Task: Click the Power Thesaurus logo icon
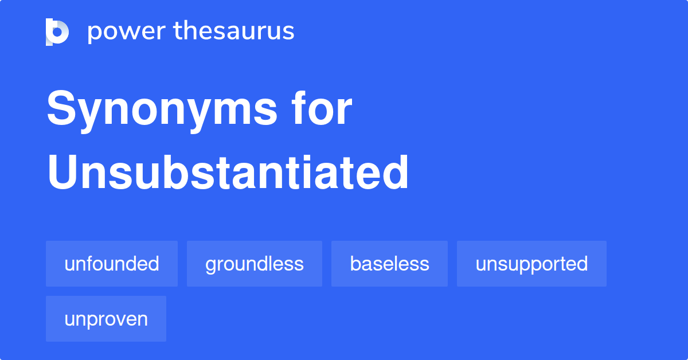click(57, 32)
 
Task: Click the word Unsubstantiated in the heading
click(228, 173)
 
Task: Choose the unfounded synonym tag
click(112, 264)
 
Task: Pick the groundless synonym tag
click(255, 264)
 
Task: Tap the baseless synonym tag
click(389, 264)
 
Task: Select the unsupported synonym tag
click(531, 264)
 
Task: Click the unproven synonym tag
click(106, 319)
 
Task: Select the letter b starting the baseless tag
click(355, 264)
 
